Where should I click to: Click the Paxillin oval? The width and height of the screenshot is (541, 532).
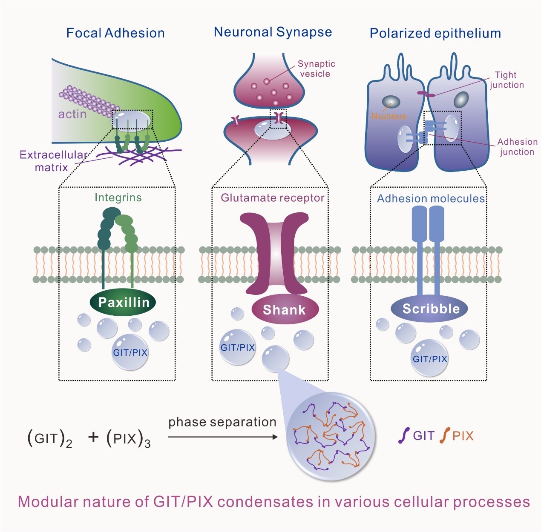point(123,303)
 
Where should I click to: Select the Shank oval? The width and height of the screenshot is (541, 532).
point(285,310)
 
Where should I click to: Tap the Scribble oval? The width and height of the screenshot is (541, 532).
point(430,309)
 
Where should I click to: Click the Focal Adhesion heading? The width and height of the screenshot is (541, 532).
point(115,33)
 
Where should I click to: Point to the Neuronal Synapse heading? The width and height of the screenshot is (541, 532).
point(273,32)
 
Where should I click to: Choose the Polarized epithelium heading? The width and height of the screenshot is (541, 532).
point(435,33)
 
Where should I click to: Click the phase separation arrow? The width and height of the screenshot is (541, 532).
point(223,437)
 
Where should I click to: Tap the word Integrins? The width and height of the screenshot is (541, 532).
point(118,197)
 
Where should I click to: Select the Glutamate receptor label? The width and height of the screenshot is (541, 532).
point(272,198)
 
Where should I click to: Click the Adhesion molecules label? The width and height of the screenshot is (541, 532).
point(431,198)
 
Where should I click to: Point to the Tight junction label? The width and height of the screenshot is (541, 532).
point(506,80)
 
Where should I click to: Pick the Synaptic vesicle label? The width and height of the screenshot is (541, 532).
point(316,69)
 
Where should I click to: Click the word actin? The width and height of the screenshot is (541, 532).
point(72,114)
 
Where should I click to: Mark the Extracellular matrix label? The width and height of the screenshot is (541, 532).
point(52,161)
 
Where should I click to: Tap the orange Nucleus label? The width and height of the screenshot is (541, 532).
point(389,116)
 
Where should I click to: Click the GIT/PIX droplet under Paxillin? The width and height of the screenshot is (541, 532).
point(130,352)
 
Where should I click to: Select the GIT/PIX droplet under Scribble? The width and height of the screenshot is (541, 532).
point(430,358)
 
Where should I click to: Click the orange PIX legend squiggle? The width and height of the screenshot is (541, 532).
point(445,435)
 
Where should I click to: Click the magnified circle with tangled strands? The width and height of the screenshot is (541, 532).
point(331,436)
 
